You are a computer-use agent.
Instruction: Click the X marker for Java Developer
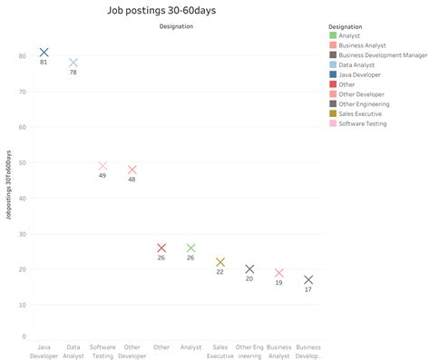click(x=44, y=53)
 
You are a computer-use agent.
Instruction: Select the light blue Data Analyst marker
click(x=73, y=63)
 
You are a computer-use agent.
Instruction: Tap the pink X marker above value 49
click(x=103, y=166)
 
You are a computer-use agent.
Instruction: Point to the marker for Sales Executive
click(x=220, y=262)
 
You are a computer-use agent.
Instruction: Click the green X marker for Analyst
click(x=191, y=248)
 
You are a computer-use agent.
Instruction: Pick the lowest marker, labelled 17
click(x=308, y=280)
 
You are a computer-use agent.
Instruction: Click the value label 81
click(x=44, y=62)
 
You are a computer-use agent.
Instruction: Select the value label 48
click(x=132, y=180)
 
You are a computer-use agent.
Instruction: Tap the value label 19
click(x=279, y=283)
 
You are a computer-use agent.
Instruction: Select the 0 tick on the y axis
click(x=23, y=336)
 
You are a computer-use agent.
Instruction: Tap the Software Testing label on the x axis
click(x=103, y=351)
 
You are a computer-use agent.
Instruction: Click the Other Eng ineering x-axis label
click(x=249, y=351)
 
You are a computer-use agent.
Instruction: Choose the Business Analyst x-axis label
click(x=279, y=351)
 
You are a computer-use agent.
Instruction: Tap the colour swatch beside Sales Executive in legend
click(x=333, y=113)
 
